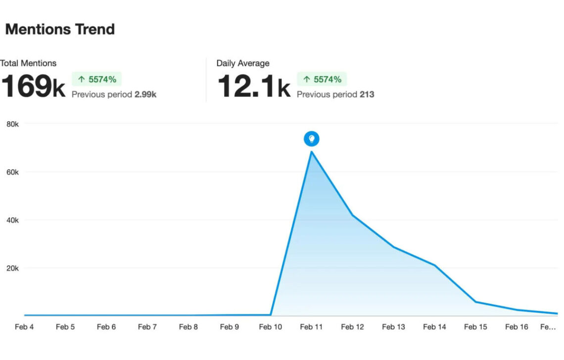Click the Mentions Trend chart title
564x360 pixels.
click(60, 29)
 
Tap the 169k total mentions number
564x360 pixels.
click(33, 86)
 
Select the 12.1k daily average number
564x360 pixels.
click(253, 86)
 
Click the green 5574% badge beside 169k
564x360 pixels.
click(97, 79)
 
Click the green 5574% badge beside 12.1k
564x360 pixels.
click(322, 79)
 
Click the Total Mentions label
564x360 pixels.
click(28, 63)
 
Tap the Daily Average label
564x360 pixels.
click(243, 63)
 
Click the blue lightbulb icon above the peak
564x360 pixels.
click(312, 139)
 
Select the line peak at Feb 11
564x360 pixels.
click(312, 151)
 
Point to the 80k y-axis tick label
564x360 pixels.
click(12, 124)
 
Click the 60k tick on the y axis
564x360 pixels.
click(12, 172)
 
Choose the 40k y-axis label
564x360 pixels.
click(12, 220)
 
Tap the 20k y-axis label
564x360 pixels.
click(12, 268)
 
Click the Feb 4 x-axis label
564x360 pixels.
click(24, 327)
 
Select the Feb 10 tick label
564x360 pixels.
click(271, 327)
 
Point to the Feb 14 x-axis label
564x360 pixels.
click(435, 327)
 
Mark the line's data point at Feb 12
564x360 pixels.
click(353, 216)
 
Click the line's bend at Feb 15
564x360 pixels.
click(476, 302)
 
